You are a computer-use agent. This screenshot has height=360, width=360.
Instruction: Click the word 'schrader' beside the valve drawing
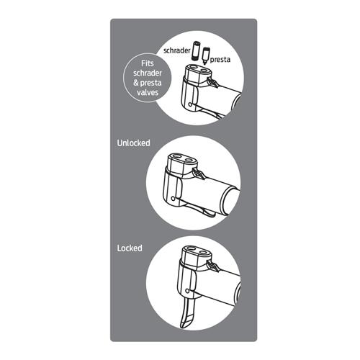pyautogui.click(x=177, y=50)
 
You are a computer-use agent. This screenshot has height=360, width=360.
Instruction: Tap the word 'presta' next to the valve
pyautogui.click(x=220, y=60)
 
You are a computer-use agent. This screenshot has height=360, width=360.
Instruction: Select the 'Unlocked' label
pyautogui.click(x=134, y=143)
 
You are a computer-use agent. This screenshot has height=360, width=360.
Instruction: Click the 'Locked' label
pyautogui.click(x=130, y=248)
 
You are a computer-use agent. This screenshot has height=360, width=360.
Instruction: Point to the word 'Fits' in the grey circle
pyautogui.click(x=148, y=63)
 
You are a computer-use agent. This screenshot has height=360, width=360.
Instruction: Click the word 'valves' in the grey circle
pyautogui.click(x=148, y=92)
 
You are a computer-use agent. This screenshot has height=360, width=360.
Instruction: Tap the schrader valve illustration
pyautogui.click(x=197, y=50)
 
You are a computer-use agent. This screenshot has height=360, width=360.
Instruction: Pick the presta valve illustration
pyautogui.click(x=206, y=55)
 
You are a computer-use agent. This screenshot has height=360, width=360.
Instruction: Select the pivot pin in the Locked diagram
pyautogui.click(x=187, y=291)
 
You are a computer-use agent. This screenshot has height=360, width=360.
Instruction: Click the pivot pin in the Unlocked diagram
pyautogui.click(x=173, y=199)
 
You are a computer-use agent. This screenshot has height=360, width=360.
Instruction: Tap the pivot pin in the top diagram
pyautogui.click(x=190, y=104)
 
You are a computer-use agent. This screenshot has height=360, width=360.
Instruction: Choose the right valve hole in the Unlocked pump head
pyautogui.click(x=189, y=160)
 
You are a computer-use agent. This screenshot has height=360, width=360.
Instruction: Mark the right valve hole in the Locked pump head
pyautogui.click(x=203, y=253)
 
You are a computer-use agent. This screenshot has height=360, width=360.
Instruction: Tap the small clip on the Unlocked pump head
pyautogui.click(x=199, y=174)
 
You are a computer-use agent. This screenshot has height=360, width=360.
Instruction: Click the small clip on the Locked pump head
pyautogui.click(x=213, y=266)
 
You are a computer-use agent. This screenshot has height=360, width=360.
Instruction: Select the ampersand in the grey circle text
pyautogui.click(x=136, y=83)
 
